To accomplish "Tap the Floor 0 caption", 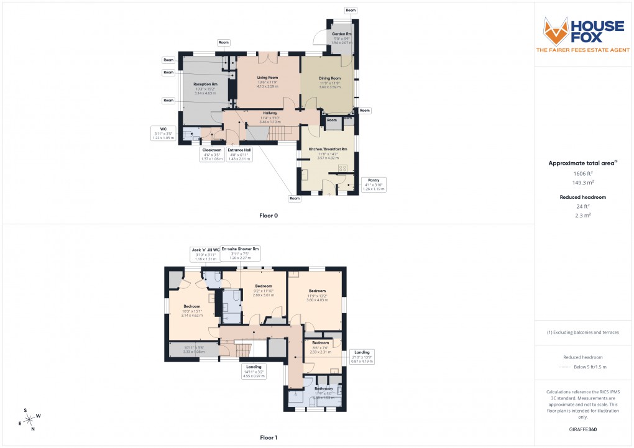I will (269, 216).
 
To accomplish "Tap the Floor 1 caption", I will (269, 437).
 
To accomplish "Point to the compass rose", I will (28, 419).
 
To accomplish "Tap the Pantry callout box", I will (374, 184).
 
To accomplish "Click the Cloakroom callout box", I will (212, 154).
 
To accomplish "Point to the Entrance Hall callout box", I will (239, 154).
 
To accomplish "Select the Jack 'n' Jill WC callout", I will (204, 253).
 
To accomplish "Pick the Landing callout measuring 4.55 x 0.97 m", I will (254, 372).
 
